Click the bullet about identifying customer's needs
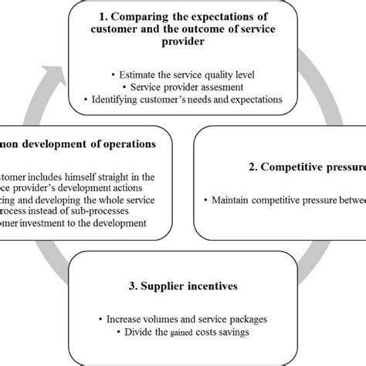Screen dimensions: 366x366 pyautogui.click(x=183, y=100)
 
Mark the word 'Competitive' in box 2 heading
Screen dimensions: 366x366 pyautogui.click(x=294, y=168)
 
